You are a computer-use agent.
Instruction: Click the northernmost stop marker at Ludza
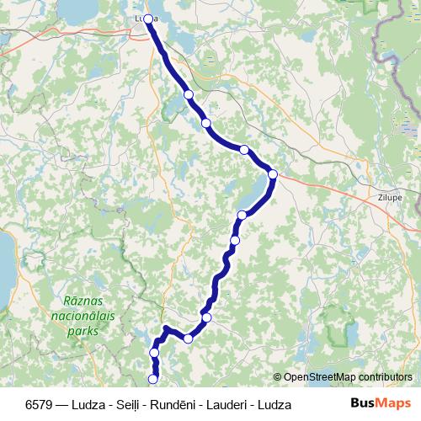click(x=148, y=19)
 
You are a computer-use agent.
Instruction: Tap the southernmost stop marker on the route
click(x=153, y=379)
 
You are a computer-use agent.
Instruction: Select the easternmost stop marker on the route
click(x=273, y=174)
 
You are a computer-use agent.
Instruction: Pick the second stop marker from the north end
click(x=189, y=94)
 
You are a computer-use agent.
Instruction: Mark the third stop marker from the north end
click(x=206, y=123)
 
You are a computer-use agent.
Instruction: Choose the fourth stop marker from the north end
click(x=244, y=150)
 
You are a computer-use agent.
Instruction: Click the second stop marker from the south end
click(x=154, y=352)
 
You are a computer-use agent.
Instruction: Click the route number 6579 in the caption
click(x=41, y=404)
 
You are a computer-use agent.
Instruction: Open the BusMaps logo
click(x=381, y=404)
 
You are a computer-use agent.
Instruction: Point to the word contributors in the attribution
click(x=384, y=377)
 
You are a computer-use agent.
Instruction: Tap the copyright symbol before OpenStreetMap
click(x=278, y=377)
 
